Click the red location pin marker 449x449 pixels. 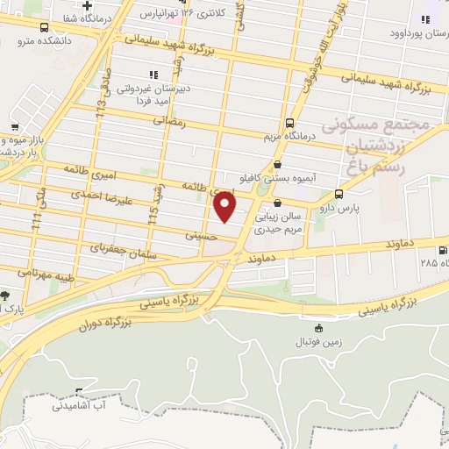point(225,206)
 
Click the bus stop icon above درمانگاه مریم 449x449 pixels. point(290,123)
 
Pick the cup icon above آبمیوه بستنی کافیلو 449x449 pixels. point(277,163)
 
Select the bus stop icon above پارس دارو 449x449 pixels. point(339,195)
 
